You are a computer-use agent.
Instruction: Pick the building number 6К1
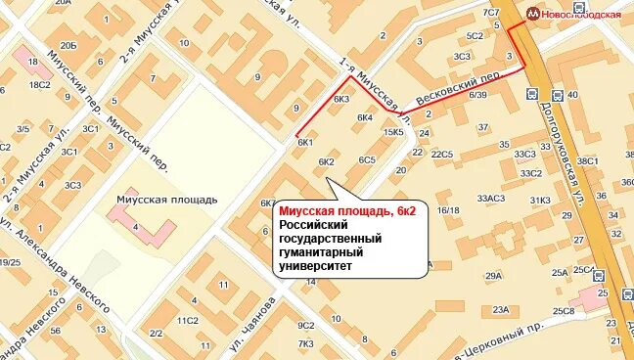point(304,143)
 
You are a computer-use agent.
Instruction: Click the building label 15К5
point(393,132)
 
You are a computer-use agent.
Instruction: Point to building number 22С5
point(442,154)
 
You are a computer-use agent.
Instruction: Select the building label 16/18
point(449,209)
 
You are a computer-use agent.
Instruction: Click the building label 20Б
point(68,46)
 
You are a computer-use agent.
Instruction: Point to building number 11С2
point(187,320)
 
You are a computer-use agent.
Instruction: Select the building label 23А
point(501,310)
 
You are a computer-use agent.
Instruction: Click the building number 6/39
point(478,95)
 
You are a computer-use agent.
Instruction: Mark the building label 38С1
point(587,161)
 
